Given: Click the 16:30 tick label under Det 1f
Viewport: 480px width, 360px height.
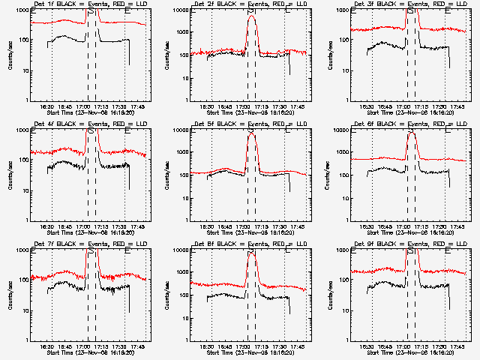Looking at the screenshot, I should [x=47, y=106].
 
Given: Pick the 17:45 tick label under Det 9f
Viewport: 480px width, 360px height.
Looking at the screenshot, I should [x=457, y=346].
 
